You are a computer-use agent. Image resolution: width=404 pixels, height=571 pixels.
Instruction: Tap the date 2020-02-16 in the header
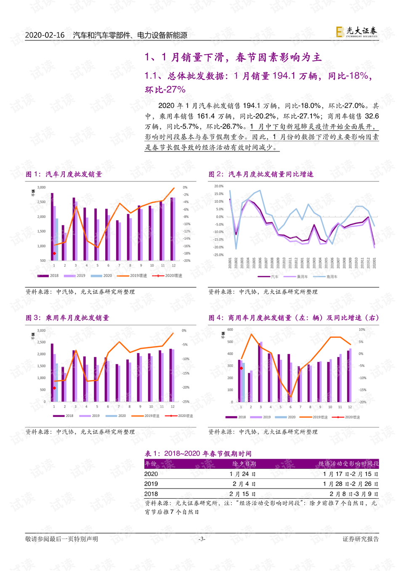[x=45, y=35]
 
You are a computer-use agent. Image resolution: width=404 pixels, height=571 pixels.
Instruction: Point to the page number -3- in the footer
[x=202, y=539]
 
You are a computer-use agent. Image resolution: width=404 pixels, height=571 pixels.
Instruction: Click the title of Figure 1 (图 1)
[x=64, y=174]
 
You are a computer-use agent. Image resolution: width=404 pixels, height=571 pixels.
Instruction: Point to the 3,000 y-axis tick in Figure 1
[x=41, y=187]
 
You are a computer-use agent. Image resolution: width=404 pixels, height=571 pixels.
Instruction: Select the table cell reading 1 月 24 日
[x=243, y=474]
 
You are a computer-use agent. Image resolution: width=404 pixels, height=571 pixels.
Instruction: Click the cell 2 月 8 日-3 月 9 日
[x=354, y=494]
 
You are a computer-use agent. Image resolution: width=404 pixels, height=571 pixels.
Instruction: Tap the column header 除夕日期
[x=244, y=464]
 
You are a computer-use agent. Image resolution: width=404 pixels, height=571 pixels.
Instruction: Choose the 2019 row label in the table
[x=151, y=484]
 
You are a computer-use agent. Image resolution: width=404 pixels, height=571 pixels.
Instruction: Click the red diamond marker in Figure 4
[x=241, y=368]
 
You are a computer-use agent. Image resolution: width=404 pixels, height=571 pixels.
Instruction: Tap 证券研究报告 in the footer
[x=361, y=539]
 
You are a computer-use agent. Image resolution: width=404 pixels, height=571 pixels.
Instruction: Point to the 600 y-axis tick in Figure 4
[x=230, y=329]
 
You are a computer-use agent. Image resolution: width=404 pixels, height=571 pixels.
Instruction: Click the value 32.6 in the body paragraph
[x=372, y=116]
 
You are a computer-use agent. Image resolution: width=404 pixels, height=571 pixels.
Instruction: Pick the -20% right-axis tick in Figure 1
[x=186, y=260]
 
